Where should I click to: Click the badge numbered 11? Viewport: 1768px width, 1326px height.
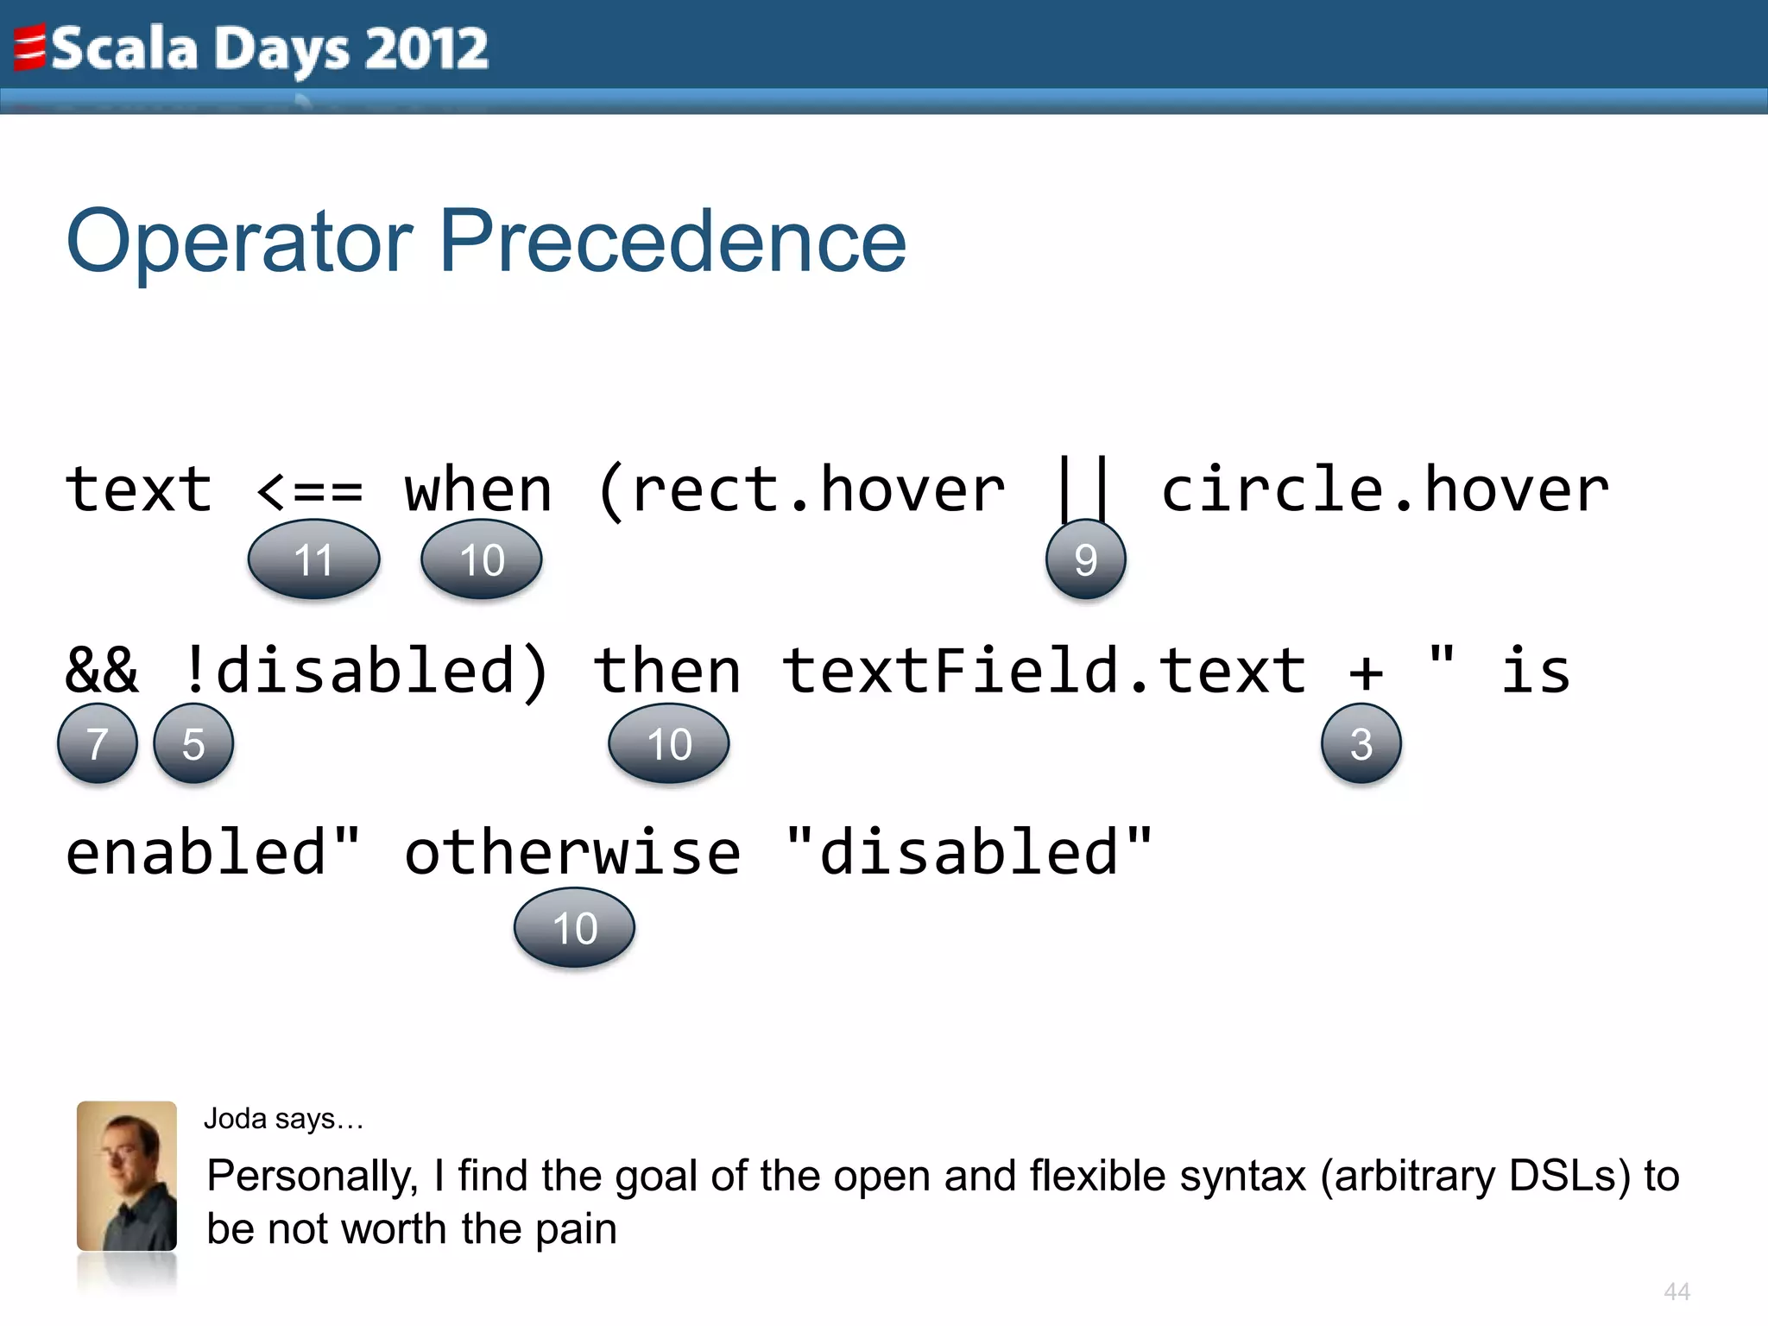click(313, 559)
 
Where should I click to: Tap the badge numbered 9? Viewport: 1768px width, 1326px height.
click(1085, 559)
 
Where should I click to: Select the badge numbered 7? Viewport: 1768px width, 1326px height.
click(98, 743)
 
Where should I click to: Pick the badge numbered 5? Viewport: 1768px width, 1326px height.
click(193, 743)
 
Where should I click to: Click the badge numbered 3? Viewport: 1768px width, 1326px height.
click(1361, 743)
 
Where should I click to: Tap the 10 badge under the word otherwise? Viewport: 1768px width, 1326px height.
click(574, 928)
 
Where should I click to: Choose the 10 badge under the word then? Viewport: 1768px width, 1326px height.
click(669, 743)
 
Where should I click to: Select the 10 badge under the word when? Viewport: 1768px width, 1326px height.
click(482, 559)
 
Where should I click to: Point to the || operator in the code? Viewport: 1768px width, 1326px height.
click(1083, 489)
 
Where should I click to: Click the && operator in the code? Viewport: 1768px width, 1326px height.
click(101, 672)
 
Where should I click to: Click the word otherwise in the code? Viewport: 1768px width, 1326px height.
click(572, 853)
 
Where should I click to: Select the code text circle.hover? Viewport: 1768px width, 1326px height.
click(1385, 489)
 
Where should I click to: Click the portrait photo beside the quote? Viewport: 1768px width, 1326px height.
click(127, 1176)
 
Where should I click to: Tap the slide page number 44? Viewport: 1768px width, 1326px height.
click(1676, 1291)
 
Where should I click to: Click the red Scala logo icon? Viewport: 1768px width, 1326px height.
click(29, 47)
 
